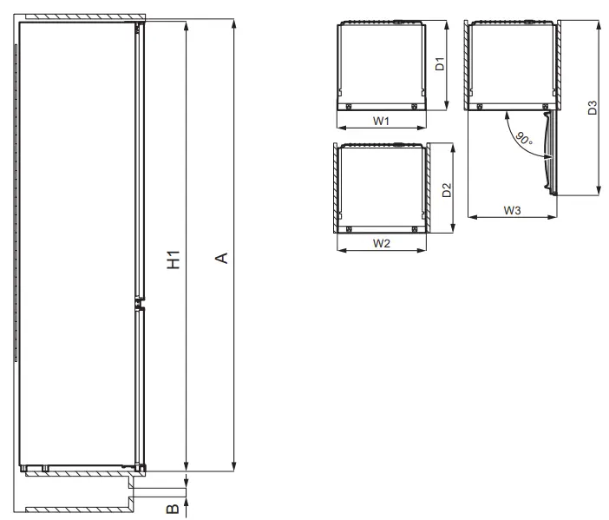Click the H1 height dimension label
click(174, 258)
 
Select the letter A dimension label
click(221, 258)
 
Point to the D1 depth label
click(440, 63)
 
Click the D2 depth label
click(446, 190)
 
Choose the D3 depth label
click(592, 108)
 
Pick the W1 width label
click(381, 121)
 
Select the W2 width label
click(381, 244)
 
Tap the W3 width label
click(512, 210)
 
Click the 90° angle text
click(522, 139)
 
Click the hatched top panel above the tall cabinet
click(82, 17)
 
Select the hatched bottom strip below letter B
click(78, 509)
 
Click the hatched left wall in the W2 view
click(334, 189)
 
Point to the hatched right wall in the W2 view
click(428, 189)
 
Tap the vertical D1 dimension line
click(449, 66)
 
